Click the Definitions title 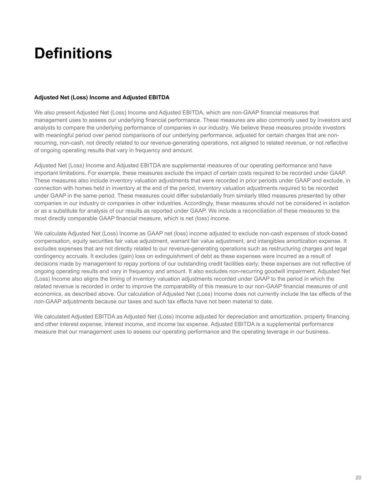(x=73, y=53)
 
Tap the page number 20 (x=358, y=478)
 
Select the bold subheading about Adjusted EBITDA (x=102, y=97)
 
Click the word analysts (x=44, y=128)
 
